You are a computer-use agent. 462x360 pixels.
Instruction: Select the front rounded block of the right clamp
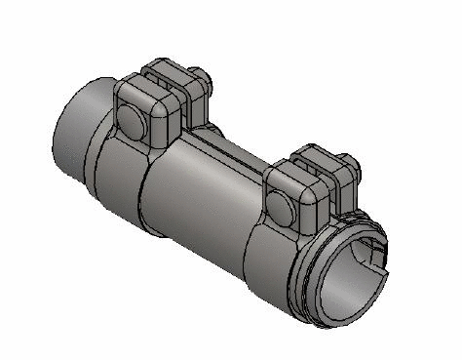coord(292,190)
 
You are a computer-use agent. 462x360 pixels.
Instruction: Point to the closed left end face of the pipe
coord(68,127)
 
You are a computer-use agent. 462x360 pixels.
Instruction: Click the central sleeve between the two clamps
coord(205,190)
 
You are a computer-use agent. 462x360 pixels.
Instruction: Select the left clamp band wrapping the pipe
coord(122,171)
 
